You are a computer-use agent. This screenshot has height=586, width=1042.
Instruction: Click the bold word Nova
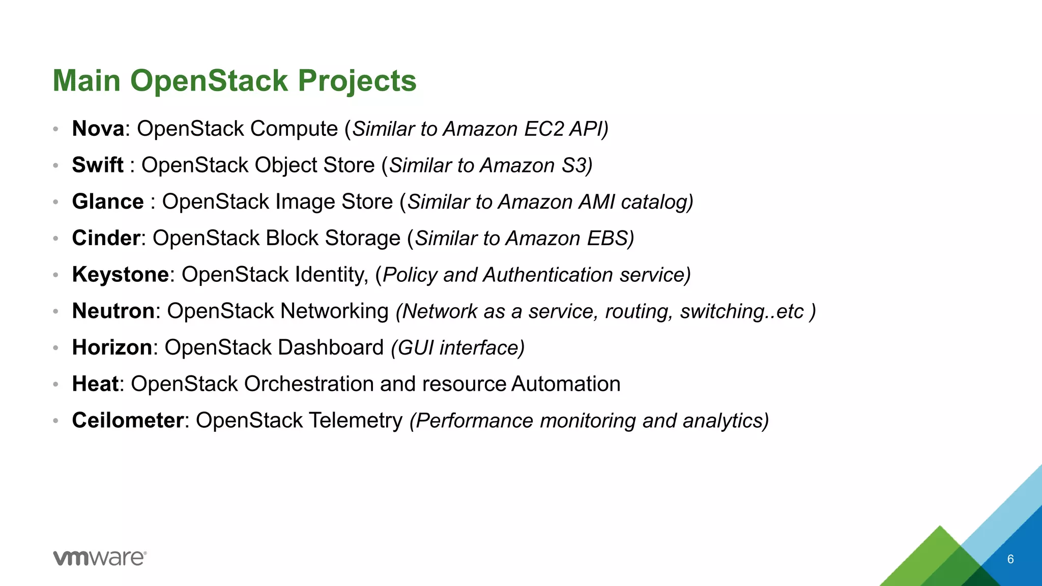pos(98,129)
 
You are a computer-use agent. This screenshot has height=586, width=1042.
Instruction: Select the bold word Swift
pos(98,165)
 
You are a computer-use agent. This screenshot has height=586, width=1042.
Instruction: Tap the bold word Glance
pos(108,202)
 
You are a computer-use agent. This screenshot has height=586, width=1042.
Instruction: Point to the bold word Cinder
pos(106,238)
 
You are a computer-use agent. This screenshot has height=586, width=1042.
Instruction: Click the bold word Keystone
pos(121,275)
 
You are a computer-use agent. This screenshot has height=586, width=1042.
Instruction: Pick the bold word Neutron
pos(113,311)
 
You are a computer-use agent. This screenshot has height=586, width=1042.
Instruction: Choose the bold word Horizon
pos(112,347)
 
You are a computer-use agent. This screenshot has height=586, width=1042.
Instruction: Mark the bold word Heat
pos(95,384)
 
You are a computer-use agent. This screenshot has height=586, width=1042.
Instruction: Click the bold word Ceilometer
pos(128,421)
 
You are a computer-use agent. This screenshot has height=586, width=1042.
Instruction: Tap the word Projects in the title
pos(357,81)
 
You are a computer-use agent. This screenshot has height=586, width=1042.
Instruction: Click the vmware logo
pos(100,558)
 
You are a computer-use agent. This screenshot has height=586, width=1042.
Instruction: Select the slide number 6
pos(1010,560)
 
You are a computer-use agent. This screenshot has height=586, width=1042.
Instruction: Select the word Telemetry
pos(355,421)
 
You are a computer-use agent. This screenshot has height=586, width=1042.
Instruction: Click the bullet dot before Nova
pos(56,129)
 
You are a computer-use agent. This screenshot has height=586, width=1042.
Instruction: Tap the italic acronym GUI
pos(415,348)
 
